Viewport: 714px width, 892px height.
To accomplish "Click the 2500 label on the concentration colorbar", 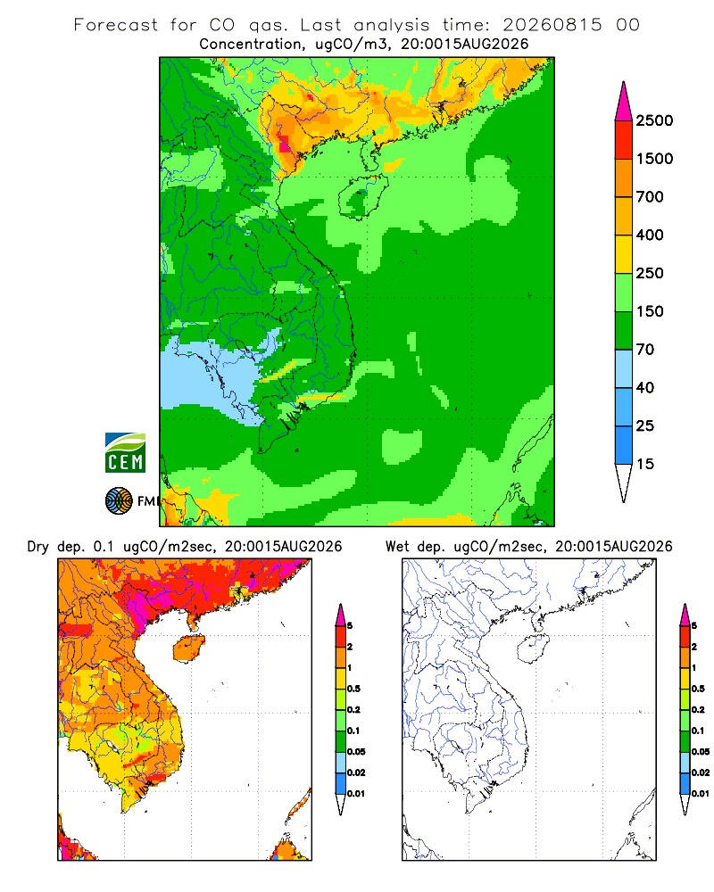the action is pyautogui.click(x=654, y=120).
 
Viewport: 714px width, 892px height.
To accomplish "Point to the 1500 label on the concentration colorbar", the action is pyautogui.click(x=654, y=159).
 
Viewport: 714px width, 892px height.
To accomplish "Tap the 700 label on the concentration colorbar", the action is pyautogui.click(x=650, y=197).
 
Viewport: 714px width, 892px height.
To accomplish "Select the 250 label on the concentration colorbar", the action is pyautogui.click(x=650, y=273).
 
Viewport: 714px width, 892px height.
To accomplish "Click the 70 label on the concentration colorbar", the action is pyautogui.click(x=645, y=350).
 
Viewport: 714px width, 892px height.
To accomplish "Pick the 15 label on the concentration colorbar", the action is pyautogui.click(x=645, y=464).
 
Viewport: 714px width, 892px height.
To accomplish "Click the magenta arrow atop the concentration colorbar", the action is pyautogui.click(x=624, y=102).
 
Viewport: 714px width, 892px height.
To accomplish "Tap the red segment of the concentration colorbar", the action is pyautogui.click(x=624, y=140).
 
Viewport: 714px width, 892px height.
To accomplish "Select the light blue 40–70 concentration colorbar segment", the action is pyautogui.click(x=624, y=368).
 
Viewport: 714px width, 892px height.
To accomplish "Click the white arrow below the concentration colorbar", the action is pyautogui.click(x=624, y=483).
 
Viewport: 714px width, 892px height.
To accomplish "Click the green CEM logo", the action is pyautogui.click(x=125, y=453).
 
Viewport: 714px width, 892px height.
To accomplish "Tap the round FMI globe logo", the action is pyautogui.click(x=119, y=501).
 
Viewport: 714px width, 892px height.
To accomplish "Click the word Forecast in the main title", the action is pyautogui.click(x=116, y=25).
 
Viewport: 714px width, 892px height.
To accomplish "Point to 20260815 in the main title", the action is pyautogui.click(x=552, y=25).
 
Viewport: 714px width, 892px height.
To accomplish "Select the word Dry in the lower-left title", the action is pyautogui.click(x=38, y=547).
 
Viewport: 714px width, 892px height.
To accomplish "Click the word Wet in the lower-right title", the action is pyautogui.click(x=397, y=547).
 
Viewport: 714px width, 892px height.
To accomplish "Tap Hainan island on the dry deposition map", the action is pyautogui.click(x=188, y=648).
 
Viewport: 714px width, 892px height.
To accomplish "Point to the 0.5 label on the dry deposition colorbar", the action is pyautogui.click(x=353, y=689).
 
